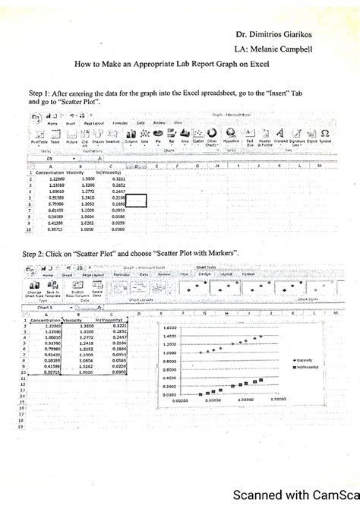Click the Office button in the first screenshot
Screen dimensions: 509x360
pos(36,115)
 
